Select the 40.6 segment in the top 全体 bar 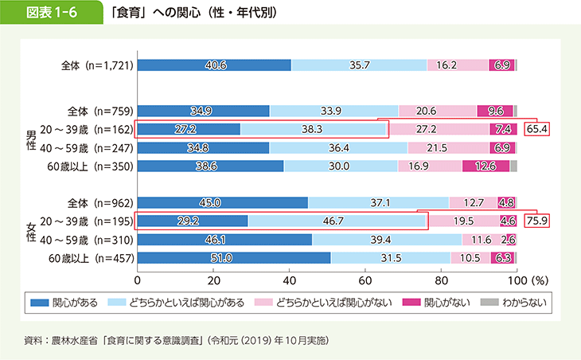click(214, 65)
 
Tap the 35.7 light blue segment click(359, 65)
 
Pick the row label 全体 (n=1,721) click(95, 65)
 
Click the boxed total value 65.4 click(538, 128)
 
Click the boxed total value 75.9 click(538, 221)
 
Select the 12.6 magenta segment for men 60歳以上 click(485, 166)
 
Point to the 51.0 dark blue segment click(234, 257)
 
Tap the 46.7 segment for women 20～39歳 click(337, 221)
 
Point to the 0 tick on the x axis click(138, 280)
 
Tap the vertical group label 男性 click(31, 138)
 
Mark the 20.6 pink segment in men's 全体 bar click(437, 111)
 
